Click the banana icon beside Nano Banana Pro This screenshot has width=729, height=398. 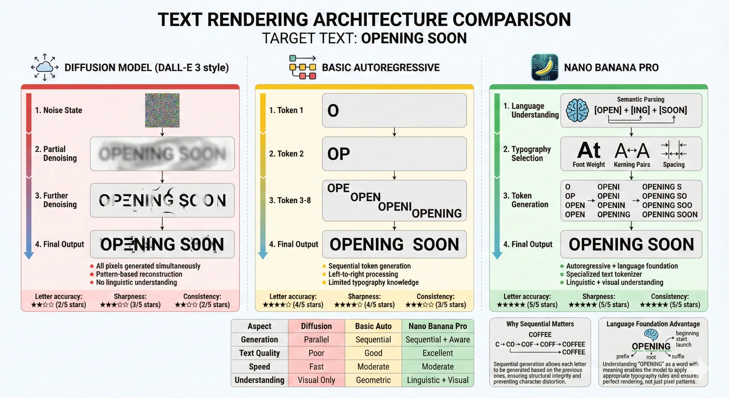pyautogui.click(x=544, y=67)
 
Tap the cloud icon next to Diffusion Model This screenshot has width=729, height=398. pyautogui.click(x=45, y=67)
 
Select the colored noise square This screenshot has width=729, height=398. pyautogui.click(x=162, y=110)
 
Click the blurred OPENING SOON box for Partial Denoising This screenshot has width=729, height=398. pyautogui.click(x=162, y=154)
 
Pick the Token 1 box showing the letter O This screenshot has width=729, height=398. pyautogui.click(x=394, y=110)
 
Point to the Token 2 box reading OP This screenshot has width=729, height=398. pyautogui.click(x=394, y=154)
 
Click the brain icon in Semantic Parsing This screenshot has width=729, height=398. pyautogui.click(x=577, y=110)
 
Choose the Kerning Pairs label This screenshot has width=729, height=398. pyautogui.click(x=632, y=165)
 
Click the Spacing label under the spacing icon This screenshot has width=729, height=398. pyautogui.click(x=674, y=165)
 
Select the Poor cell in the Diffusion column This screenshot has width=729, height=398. pyautogui.click(x=316, y=353)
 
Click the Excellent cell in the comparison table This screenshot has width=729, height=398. pyautogui.click(x=438, y=353)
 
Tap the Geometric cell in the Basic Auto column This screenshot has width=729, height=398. pyautogui.click(x=373, y=380)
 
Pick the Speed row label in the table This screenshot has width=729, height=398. pyautogui.click(x=259, y=367)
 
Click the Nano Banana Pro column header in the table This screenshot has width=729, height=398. pyautogui.click(x=438, y=326)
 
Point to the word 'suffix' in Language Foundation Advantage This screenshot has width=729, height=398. pyautogui.click(x=678, y=356)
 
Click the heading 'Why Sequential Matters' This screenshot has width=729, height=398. pyautogui.click(x=540, y=324)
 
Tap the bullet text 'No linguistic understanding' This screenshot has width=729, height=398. pyautogui.click(x=136, y=282)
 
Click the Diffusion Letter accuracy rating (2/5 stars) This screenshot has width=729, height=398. pyautogui.click(x=59, y=305)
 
